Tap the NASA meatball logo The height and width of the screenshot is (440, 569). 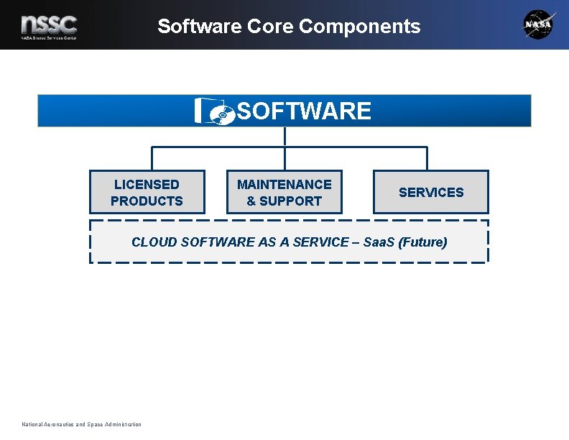539,24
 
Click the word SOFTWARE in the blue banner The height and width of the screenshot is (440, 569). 304,111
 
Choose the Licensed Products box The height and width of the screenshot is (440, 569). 147,192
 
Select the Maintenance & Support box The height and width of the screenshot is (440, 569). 284,192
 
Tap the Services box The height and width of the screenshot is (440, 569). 430,192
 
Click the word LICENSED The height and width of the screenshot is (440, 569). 147,185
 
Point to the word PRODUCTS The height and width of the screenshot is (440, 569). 147,201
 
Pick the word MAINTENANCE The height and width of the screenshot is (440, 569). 284,185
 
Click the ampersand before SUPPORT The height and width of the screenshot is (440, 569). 251,201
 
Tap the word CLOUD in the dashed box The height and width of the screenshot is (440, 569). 154,242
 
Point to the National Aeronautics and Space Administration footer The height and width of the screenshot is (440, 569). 82,424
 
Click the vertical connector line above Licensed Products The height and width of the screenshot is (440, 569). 151,159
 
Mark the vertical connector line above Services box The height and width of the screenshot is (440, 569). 427,159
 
